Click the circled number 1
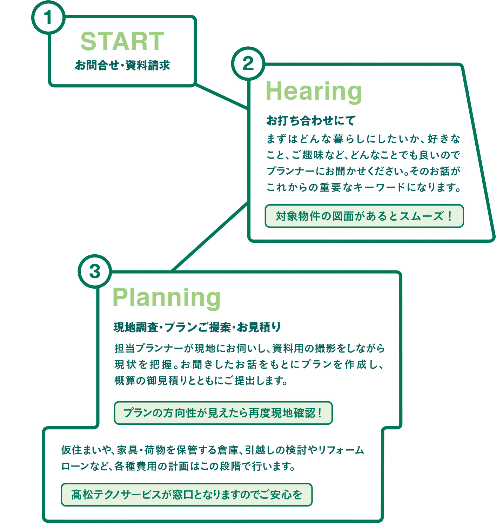pos(48,18)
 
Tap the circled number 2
pos(248,63)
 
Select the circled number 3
pos(95,271)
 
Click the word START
pos(122,41)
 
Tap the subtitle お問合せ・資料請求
pos(122,65)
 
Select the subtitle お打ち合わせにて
pos(311,121)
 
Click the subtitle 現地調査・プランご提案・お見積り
pos(197,327)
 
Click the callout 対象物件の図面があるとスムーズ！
pos(364,216)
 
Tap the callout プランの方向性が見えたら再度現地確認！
pos(223,413)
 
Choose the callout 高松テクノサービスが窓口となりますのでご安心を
pos(187,495)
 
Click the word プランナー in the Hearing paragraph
pos(291,171)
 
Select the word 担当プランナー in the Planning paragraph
pos(149,348)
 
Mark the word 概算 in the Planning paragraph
pos(125,381)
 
